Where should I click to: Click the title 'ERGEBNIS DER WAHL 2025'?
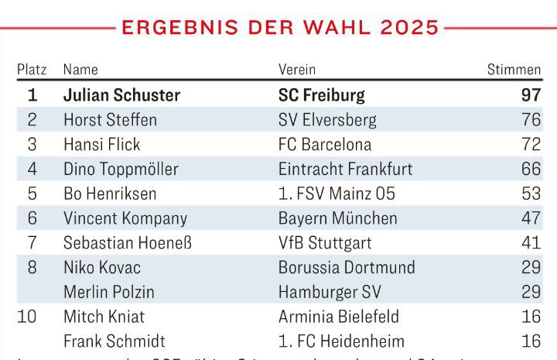[x=280, y=28]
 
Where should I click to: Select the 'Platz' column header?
[x=32, y=70]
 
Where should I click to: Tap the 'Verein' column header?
[x=297, y=70]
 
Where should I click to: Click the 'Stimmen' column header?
[x=514, y=70]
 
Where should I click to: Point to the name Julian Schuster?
[x=121, y=95]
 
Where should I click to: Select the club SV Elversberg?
[x=327, y=120]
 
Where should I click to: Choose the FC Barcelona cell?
[x=325, y=145]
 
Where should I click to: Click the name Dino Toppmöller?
[x=121, y=169]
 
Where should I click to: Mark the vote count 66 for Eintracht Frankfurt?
[x=530, y=169]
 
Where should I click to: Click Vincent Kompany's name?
[x=125, y=218]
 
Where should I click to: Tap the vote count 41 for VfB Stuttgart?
[x=530, y=243]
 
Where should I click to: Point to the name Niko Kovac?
[x=102, y=268]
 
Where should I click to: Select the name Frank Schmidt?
[x=114, y=341]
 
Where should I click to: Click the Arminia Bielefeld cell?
[x=339, y=317]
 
